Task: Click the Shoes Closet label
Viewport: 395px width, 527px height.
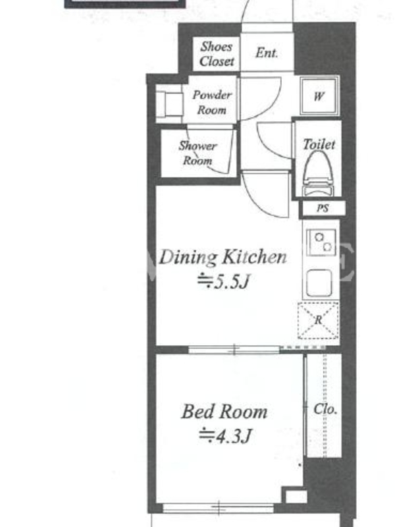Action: point(217,54)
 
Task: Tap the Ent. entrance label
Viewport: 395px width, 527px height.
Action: point(267,53)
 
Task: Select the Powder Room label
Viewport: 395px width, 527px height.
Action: point(211,102)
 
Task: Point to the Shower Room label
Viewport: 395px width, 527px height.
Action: point(197,153)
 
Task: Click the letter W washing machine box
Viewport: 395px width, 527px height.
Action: point(319,96)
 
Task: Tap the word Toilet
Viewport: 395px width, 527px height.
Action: point(319,144)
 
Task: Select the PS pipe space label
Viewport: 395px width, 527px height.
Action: point(323,208)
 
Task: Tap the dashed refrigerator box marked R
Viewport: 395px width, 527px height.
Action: point(318,320)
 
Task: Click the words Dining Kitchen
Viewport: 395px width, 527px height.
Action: point(223,258)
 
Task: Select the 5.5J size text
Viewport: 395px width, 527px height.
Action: point(224,281)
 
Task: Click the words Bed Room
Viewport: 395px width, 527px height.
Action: point(224,412)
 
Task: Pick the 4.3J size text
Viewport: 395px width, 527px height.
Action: point(225,436)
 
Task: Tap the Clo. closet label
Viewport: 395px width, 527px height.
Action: point(325,408)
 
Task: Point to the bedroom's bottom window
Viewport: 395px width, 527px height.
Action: point(219,508)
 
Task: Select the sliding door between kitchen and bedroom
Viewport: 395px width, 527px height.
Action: point(234,350)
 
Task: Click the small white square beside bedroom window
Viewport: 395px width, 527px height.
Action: point(296,497)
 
